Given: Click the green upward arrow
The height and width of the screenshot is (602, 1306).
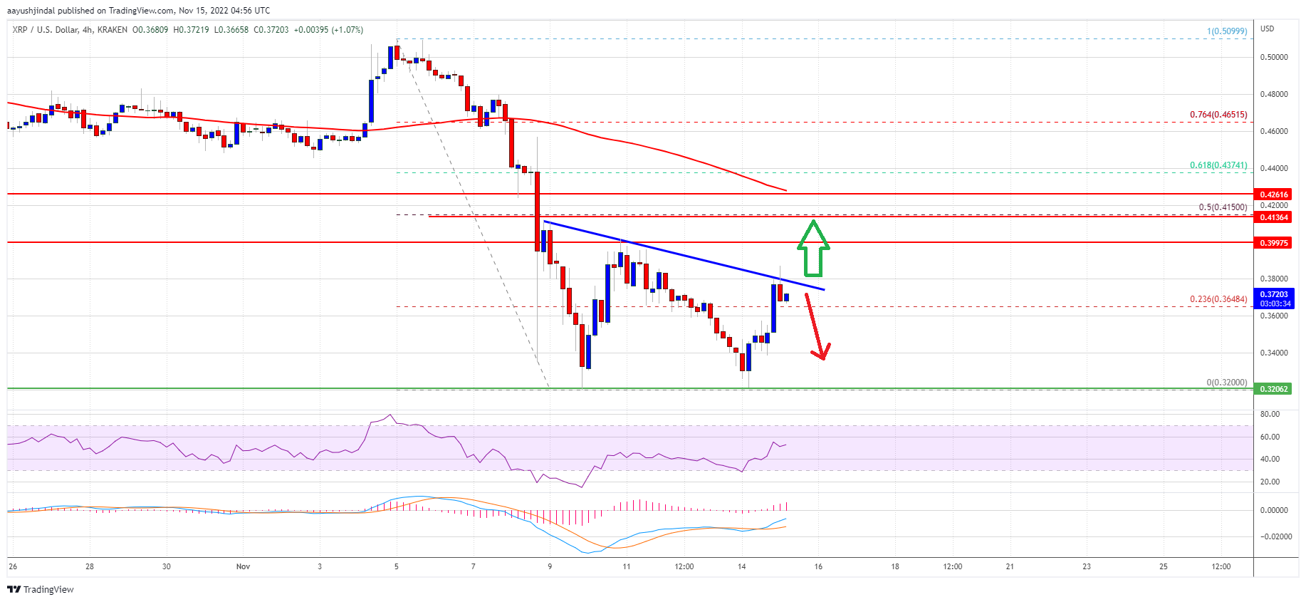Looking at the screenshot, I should (x=813, y=249).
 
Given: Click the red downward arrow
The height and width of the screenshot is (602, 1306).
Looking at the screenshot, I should (x=817, y=327).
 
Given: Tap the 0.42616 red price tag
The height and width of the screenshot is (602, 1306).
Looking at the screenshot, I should (x=1274, y=194).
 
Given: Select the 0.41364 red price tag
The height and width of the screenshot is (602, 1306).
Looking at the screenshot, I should (x=1274, y=217).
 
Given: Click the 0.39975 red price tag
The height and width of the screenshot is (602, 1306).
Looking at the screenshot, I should (x=1274, y=243).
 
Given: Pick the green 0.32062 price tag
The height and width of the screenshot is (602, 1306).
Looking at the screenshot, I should (x=1274, y=389).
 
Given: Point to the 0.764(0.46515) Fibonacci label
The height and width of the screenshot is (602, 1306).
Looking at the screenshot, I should (x=1218, y=115).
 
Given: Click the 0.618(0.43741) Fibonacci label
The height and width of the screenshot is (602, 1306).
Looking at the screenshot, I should (x=1218, y=165).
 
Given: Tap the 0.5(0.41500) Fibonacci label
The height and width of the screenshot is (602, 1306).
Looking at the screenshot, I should (x=1223, y=207).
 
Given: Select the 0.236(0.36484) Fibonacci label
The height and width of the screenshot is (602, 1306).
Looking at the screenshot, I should (x=1218, y=299).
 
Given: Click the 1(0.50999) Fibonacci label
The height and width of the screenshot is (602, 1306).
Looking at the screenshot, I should (x=1227, y=31).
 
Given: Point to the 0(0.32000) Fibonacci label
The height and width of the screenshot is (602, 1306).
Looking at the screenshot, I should (x=1226, y=383).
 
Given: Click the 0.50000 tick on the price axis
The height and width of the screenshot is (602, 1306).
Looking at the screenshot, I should (x=1274, y=57).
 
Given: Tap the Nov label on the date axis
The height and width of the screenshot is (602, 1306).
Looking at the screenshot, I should (x=243, y=567).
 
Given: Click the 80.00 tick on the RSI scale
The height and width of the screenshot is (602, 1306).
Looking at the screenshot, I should (x=1270, y=414).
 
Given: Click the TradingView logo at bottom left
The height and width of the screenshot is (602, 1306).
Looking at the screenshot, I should (x=41, y=589).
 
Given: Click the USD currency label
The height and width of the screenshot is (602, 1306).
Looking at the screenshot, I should (x=1267, y=28).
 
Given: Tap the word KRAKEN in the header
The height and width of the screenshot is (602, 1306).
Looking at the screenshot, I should (x=113, y=30).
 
